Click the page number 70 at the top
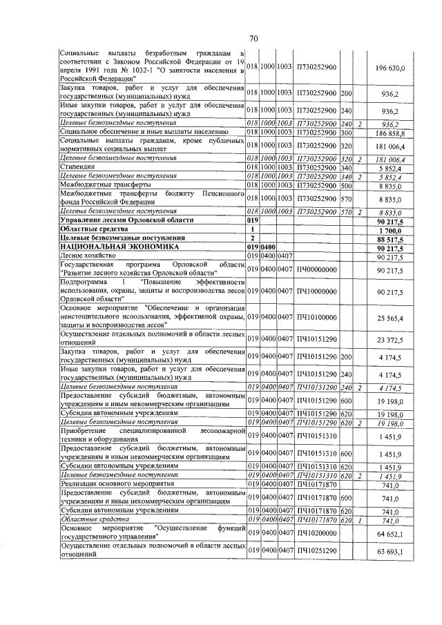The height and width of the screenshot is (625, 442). coord(253,39)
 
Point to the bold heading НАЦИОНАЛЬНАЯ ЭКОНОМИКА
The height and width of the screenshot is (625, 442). coord(119,247)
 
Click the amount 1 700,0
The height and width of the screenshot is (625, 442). coord(395,229)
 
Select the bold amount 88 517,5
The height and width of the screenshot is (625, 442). coord(392,238)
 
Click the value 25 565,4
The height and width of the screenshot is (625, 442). coord(392,317)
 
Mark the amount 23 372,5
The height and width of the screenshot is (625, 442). coord(392,340)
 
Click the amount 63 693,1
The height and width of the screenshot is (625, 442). coord(392,550)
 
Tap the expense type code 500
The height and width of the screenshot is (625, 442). coord(346,184)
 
